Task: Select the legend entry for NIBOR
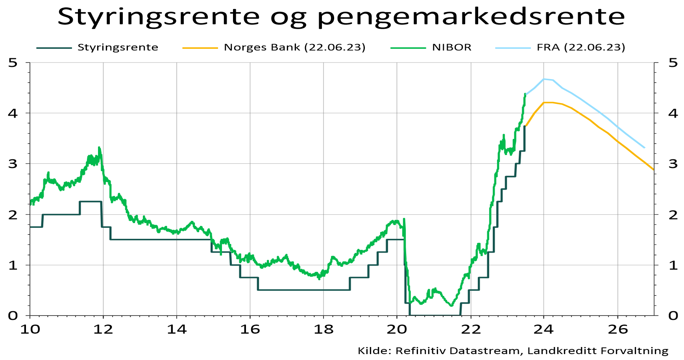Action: (451, 48)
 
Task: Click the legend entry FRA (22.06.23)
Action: (580, 48)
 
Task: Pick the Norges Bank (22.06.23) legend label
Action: (294, 48)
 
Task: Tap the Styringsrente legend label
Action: (118, 48)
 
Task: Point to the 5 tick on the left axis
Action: (13, 63)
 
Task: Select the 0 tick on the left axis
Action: (13, 316)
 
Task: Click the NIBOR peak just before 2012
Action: (99, 148)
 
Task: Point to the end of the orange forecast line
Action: (653, 170)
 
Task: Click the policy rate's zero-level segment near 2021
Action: (433, 315)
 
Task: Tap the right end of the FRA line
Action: (644, 148)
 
